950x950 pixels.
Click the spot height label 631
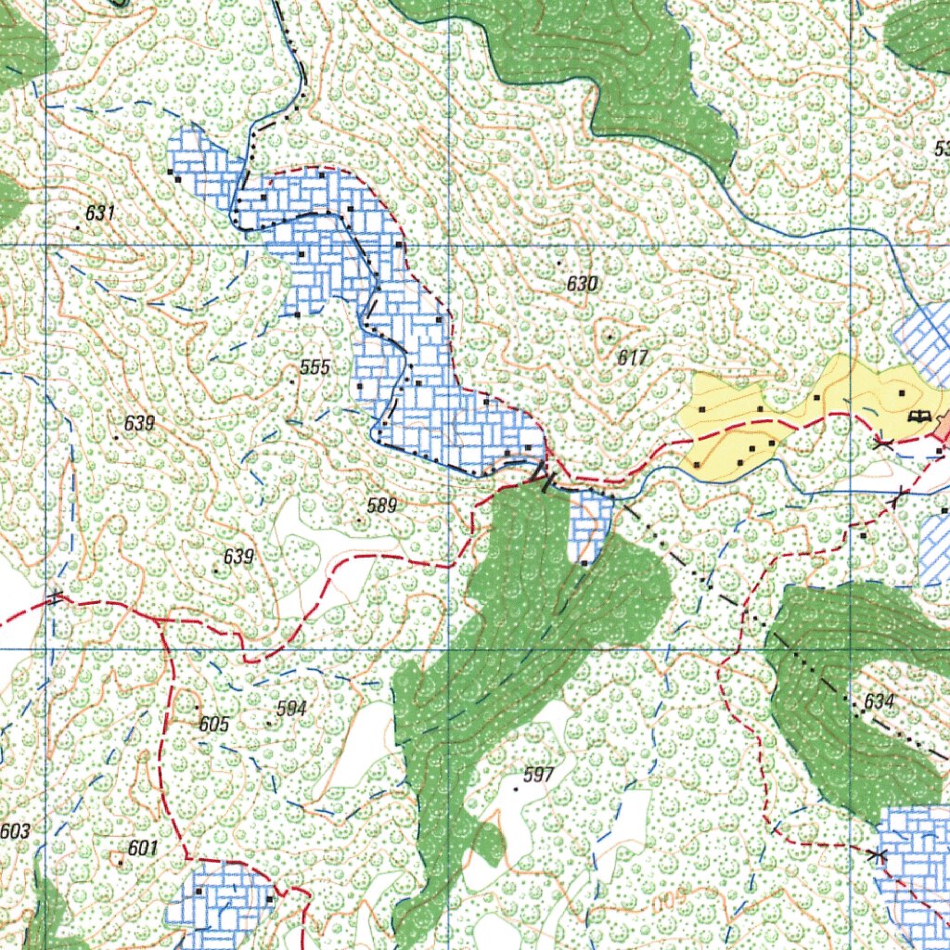pyautogui.click(x=99, y=213)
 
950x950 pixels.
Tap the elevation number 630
pyautogui.click(x=582, y=284)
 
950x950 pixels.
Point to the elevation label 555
pyautogui.click(x=315, y=367)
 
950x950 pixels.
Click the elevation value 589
pyautogui.click(x=381, y=506)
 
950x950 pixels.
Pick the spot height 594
pyautogui.click(x=291, y=709)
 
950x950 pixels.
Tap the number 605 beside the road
pyautogui.click(x=213, y=724)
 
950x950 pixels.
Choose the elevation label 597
pyautogui.click(x=538, y=776)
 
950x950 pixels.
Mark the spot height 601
pyautogui.click(x=143, y=848)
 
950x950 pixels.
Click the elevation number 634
pyautogui.click(x=879, y=702)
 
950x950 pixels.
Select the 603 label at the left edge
pyautogui.click(x=15, y=831)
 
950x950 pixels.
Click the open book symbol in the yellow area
pyautogui.click(x=919, y=417)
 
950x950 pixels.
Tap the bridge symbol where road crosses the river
pyautogui.click(x=545, y=476)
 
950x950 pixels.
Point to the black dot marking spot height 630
pyautogui.click(x=558, y=263)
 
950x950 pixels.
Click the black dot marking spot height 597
pyautogui.click(x=516, y=789)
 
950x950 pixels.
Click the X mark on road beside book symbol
pyautogui.click(x=883, y=444)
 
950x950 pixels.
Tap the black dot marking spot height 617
pyautogui.click(x=610, y=337)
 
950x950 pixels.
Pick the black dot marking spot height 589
pyautogui.click(x=360, y=520)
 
